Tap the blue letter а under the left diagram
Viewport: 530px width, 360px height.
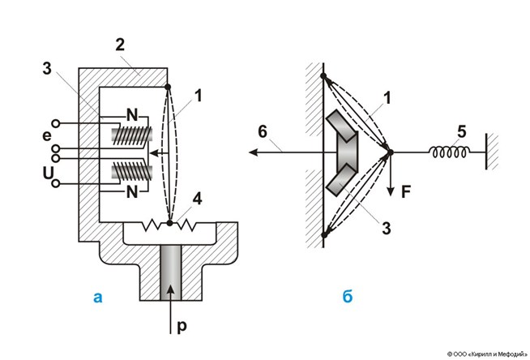click(x=98, y=297)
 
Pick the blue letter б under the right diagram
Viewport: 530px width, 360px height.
click(x=347, y=297)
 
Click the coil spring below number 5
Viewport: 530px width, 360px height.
click(x=444, y=151)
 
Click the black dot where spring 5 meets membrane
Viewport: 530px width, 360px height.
click(x=389, y=151)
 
